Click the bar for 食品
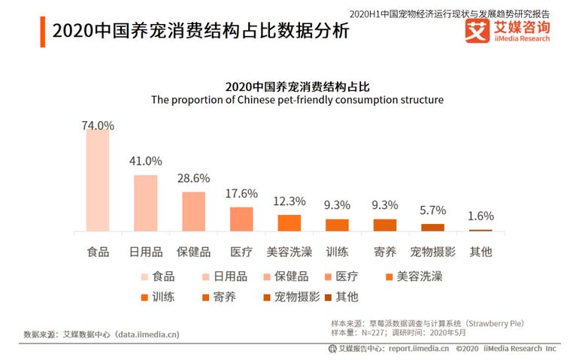98,180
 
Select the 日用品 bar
146,203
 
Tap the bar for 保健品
194,211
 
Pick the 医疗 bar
241,219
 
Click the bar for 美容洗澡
289,222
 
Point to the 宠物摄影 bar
432,227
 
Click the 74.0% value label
98,126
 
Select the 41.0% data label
146,161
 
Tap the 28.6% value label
194,178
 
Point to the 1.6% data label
480,216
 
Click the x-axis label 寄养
384,252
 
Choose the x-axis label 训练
337,252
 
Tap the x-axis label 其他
480,252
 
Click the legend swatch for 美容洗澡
388,277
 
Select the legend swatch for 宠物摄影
266,297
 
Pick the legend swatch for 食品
144,277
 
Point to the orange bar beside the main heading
43,31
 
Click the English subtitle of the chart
297,99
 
